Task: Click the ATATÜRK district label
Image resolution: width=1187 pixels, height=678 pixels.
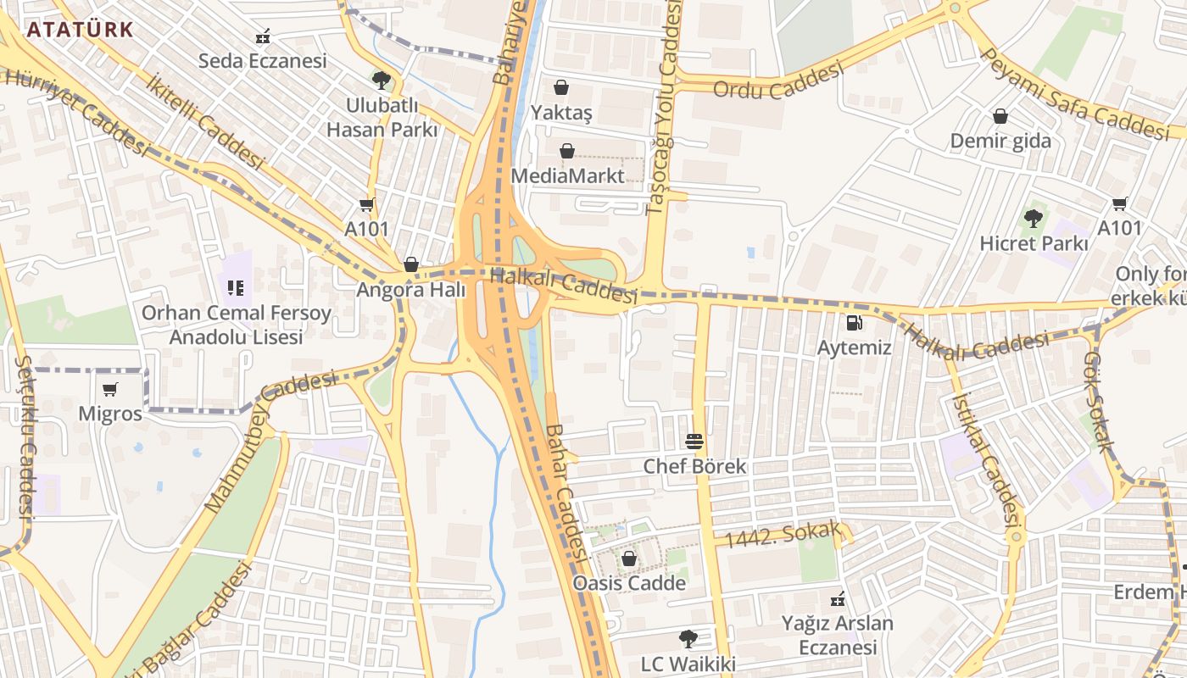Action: (x=80, y=30)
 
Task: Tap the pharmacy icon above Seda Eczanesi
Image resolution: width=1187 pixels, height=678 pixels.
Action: (x=263, y=36)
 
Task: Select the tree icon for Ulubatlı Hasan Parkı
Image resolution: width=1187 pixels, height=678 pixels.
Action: (x=382, y=81)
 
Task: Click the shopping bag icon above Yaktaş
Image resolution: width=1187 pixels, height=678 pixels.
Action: (x=560, y=87)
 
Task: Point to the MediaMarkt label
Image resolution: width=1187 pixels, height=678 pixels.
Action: (x=567, y=175)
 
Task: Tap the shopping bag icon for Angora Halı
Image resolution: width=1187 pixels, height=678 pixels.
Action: (x=411, y=264)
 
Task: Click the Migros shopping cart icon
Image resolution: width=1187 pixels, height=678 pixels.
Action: (x=109, y=389)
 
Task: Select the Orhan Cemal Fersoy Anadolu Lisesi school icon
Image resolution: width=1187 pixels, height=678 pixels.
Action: (x=236, y=288)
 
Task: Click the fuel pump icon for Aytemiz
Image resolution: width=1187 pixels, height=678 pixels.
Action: (x=854, y=323)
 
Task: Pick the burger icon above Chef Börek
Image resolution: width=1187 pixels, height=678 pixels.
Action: (x=694, y=441)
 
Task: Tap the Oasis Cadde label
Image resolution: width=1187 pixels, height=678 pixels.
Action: (x=629, y=583)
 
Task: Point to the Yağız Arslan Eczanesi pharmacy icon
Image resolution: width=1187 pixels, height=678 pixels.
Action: (x=838, y=599)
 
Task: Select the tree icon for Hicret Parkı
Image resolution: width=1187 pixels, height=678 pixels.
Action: (x=1034, y=219)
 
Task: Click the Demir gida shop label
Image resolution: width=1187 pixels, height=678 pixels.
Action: (x=1000, y=141)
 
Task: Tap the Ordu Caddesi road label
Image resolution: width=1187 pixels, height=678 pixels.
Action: (x=778, y=80)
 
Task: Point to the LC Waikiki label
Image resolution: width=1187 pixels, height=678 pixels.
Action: (x=688, y=664)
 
